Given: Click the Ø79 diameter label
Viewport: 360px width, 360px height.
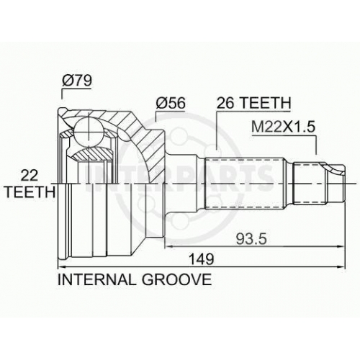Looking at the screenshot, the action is point(77,81).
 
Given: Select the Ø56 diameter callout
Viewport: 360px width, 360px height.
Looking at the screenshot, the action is point(171,103).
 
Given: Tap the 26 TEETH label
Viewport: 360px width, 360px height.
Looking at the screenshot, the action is point(253,103).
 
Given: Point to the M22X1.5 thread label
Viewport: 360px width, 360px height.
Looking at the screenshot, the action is point(283,127).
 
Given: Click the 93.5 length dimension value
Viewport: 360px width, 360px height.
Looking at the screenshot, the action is point(251,239).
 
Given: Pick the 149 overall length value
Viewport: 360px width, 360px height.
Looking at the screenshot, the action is point(201,259).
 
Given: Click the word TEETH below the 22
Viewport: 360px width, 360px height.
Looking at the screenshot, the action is point(30,192).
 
